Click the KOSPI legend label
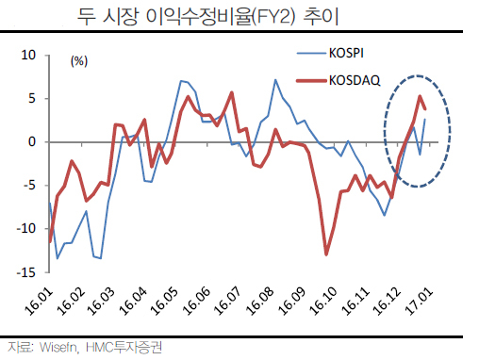(x=346, y=53)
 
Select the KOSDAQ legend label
(x=355, y=81)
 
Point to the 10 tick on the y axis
(x=28, y=56)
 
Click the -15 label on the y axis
(x=26, y=272)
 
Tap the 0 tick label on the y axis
(x=32, y=142)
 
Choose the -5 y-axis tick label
(x=30, y=186)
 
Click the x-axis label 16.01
(x=39, y=302)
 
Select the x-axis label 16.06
(x=196, y=302)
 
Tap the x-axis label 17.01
(x=420, y=302)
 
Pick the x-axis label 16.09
(x=292, y=302)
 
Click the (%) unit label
(x=79, y=61)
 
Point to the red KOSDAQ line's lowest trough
(x=326, y=254)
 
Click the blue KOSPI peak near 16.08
(x=275, y=80)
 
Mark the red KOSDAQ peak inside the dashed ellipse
(x=420, y=96)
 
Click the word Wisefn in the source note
(x=58, y=348)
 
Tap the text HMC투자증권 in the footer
(x=124, y=347)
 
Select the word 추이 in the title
(x=321, y=16)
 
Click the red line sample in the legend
(x=311, y=81)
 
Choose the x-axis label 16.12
(x=387, y=302)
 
